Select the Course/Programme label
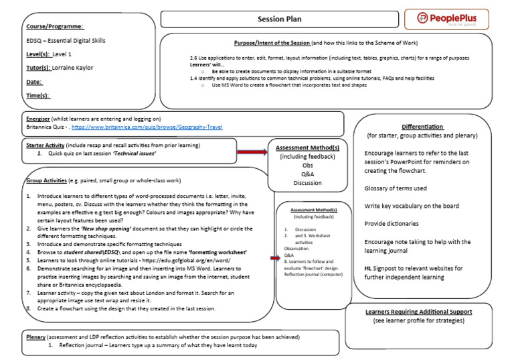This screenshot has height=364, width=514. (55, 26)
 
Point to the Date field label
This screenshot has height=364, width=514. (34, 82)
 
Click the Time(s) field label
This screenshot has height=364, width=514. (37, 96)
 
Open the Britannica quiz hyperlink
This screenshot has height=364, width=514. (147, 127)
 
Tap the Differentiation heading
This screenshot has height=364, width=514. (422, 126)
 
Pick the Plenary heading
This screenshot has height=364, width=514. (35, 337)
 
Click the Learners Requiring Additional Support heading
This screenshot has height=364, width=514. (428, 312)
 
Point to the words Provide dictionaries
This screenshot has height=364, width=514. (392, 223)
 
